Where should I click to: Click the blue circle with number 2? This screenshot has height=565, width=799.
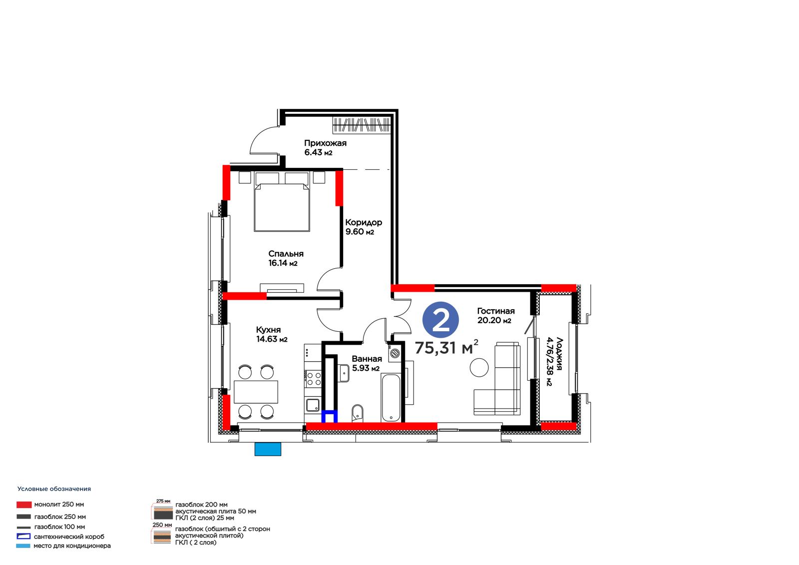[x=440, y=320]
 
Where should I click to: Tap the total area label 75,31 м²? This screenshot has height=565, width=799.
[x=446, y=347]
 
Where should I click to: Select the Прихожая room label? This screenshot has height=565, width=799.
[x=325, y=148]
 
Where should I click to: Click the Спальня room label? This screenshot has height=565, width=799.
[x=286, y=258]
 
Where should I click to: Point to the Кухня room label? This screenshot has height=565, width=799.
[x=272, y=334]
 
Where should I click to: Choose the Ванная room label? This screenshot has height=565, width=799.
[x=367, y=363]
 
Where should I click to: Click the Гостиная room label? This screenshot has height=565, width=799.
[x=496, y=316]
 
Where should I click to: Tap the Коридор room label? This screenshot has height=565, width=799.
[x=364, y=227]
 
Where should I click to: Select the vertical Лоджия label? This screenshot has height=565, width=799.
[x=555, y=362]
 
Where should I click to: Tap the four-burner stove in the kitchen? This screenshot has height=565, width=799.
[x=313, y=379]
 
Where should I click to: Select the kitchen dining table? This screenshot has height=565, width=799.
[x=256, y=392]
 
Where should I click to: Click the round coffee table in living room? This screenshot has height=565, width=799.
[x=479, y=367]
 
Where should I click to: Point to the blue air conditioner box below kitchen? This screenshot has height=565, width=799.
[x=268, y=449]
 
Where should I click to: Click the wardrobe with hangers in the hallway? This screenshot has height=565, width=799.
[x=362, y=125]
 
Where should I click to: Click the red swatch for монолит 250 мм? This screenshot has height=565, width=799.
[x=24, y=505]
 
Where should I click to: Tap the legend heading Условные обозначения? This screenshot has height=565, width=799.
[x=54, y=489]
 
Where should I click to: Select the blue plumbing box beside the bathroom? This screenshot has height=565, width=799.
[x=329, y=416]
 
